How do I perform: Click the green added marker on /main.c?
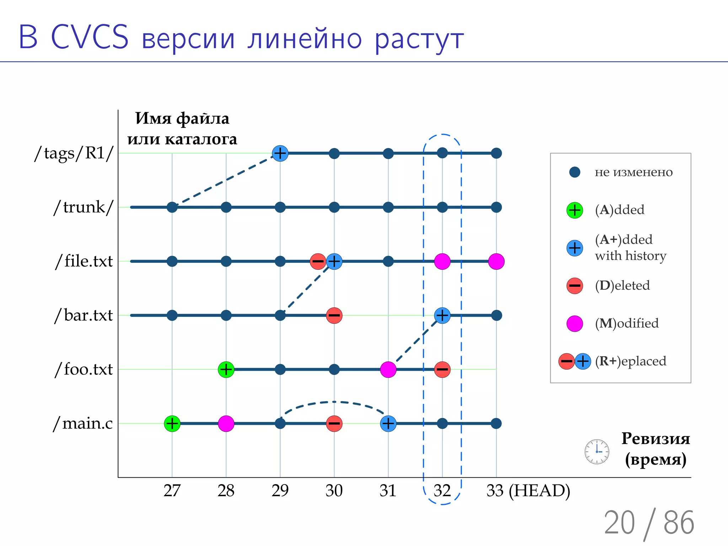click(x=172, y=423)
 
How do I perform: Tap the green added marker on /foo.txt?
click(x=226, y=369)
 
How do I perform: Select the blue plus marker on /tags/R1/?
click(x=280, y=153)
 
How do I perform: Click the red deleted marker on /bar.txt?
click(x=334, y=315)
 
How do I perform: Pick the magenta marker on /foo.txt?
click(x=388, y=369)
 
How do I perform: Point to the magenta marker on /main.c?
click(x=226, y=423)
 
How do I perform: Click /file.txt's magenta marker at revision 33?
click(x=496, y=261)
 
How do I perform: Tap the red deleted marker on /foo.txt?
click(x=442, y=369)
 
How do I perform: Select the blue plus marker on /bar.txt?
click(x=442, y=315)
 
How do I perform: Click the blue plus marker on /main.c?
click(x=388, y=423)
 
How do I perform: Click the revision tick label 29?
click(x=280, y=491)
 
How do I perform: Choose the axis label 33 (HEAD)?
click(x=528, y=491)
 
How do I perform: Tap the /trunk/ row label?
click(x=84, y=207)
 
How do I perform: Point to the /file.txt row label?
click(x=84, y=261)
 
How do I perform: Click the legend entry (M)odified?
click(x=626, y=323)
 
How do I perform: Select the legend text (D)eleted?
click(x=622, y=285)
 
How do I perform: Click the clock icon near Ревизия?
click(x=597, y=451)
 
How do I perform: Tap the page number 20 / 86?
click(x=649, y=523)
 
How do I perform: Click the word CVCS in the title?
click(x=90, y=37)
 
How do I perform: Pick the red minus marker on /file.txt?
click(x=318, y=261)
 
